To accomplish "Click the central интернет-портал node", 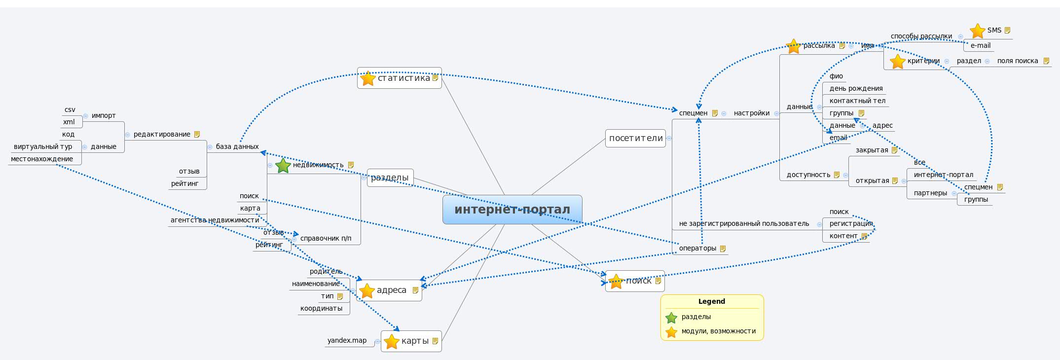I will (x=512, y=210).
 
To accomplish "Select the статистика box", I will (x=399, y=78).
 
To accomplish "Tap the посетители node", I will (x=635, y=138).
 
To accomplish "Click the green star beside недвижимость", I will (x=283, y=166).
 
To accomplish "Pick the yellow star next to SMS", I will (x=977, y=31).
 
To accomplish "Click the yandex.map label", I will (x=347, y=340).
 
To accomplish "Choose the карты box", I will (x=411, y=341).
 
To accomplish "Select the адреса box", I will (x=389, y=290).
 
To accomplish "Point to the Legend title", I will (x=711, y=301).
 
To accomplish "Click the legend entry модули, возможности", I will (x=718, y=331).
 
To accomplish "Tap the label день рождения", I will (x=856, y=88).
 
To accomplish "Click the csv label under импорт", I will (x=70, y=109).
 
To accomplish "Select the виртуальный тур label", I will (x=43, y=146).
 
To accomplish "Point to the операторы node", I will (x=697, y=248).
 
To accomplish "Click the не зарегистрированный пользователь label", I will (x=744, y=223).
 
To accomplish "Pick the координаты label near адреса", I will (x=321, y=308).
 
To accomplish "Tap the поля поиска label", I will (x=1017, y=61).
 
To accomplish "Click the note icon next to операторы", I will (x=723, y=249).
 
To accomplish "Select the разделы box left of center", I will (x=390, y=178).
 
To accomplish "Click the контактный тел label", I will (x=857, y=101).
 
